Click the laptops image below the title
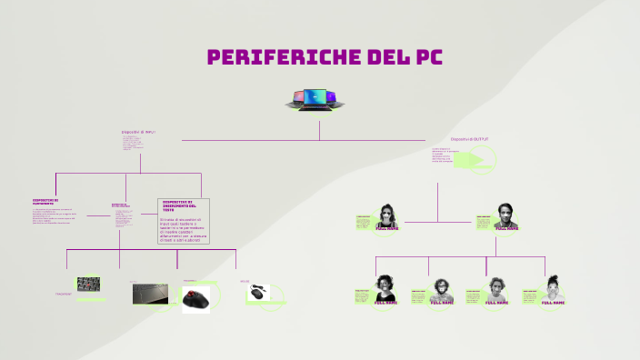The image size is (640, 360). pos(317,99)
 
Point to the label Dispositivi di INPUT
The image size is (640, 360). pos(138,132)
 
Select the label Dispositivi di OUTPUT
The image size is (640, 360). pos(470,139)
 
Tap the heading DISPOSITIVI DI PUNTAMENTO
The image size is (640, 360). pos(45,202)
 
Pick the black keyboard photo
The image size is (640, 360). pos(89,284)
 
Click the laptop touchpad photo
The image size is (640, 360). pos(150,293)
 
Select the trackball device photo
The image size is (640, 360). pos(195,300)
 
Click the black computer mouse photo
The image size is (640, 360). pos(260,292)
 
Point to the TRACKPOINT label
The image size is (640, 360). pos(63,295)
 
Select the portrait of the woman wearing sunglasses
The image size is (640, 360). pos(388,216)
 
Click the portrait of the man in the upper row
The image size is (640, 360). pos(506,216)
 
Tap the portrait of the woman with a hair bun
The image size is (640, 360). pos(554,289)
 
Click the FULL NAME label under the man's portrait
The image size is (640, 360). pos(507,229)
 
